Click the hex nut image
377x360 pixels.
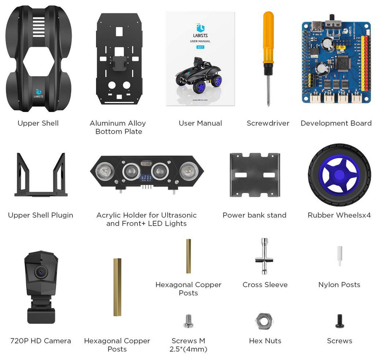pos(265,321)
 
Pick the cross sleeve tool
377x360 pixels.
pos(265,256)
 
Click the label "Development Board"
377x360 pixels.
pos(336,123)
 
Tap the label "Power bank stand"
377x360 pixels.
pos(254,215)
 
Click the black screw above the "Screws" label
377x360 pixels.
pos(339,321)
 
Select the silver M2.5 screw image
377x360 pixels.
pos(188,321)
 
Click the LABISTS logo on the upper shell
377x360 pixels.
pos(38,93)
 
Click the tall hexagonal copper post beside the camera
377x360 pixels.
pos(117,287)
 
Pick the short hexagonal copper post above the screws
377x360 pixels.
pos(188,256)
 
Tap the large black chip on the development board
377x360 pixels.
pos(343,63)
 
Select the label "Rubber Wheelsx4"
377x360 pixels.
pos(339,215)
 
